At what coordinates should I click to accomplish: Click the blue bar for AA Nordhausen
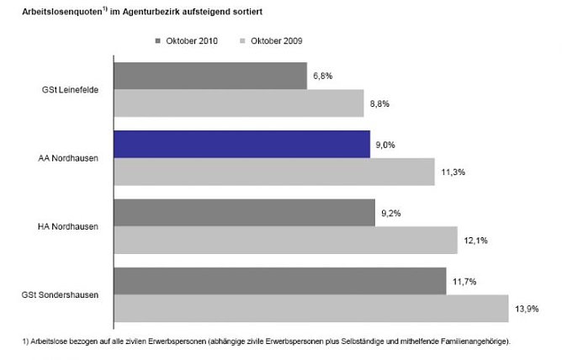(x=241, y=144)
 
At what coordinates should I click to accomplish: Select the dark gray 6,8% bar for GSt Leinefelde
(x=209, y=76)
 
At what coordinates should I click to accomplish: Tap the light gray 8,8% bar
(x=238, y=103)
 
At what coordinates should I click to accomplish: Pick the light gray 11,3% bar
(x=273, y=172)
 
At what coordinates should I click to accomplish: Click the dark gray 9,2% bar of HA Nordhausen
(x=243, y=212)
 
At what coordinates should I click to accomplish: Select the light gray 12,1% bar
(x=284, y=240)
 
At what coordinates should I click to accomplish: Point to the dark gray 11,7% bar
(x=279, y=281)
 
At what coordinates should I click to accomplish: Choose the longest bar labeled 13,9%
(x=310, y=308)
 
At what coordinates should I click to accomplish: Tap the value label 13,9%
(x=526, y=309)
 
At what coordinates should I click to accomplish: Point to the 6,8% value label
(x=323, y=76)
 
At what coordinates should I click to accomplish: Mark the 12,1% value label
(x=475, y=241)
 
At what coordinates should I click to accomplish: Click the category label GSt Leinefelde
(x=71, y=89)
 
